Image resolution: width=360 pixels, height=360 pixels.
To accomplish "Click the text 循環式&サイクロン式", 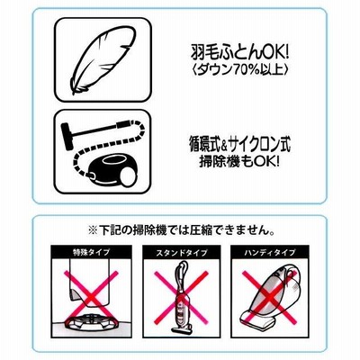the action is pyautogui.click(x=240, y=146).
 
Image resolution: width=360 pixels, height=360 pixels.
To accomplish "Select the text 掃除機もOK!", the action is pyautogui.click(x=239, y=163).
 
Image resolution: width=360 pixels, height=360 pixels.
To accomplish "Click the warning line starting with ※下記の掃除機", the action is pyautogui.click(x=180, y=230).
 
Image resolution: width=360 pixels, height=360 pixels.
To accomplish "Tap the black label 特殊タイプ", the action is pyautogui.click(x=91, y=252).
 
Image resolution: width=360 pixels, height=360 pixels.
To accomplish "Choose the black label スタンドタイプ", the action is pyautogui.click(x=182, y=252).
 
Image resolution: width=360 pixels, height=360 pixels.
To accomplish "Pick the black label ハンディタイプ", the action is pyautogui.click(x=270, y=252).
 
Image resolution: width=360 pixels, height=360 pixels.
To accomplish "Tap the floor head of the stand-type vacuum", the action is pyautogui.click(x=182, y=329).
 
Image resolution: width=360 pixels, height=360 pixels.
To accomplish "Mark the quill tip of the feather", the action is pyautogui.click(x=73, y=94).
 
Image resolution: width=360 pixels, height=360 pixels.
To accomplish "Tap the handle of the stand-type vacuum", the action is pyautogui.click(x=184, y=268).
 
